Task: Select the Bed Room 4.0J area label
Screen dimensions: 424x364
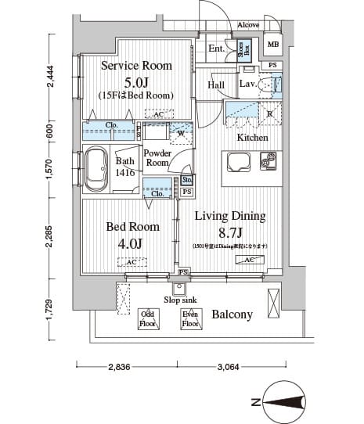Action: [x=132, y=234]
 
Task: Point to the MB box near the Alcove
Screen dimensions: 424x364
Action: [x=272, y=44]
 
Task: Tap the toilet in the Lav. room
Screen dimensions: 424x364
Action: [x=271, y=84]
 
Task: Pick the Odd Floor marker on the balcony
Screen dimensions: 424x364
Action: [x=148, y=318]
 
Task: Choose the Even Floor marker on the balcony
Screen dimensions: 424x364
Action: [x=189, y=318]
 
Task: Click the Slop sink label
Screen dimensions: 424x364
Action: [x=180, y=300]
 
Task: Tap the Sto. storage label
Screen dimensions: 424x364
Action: [x=187, y=180]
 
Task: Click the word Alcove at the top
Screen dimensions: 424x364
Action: [x=249, y=25]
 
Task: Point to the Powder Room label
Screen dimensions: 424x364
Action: [x=157, y=158]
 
